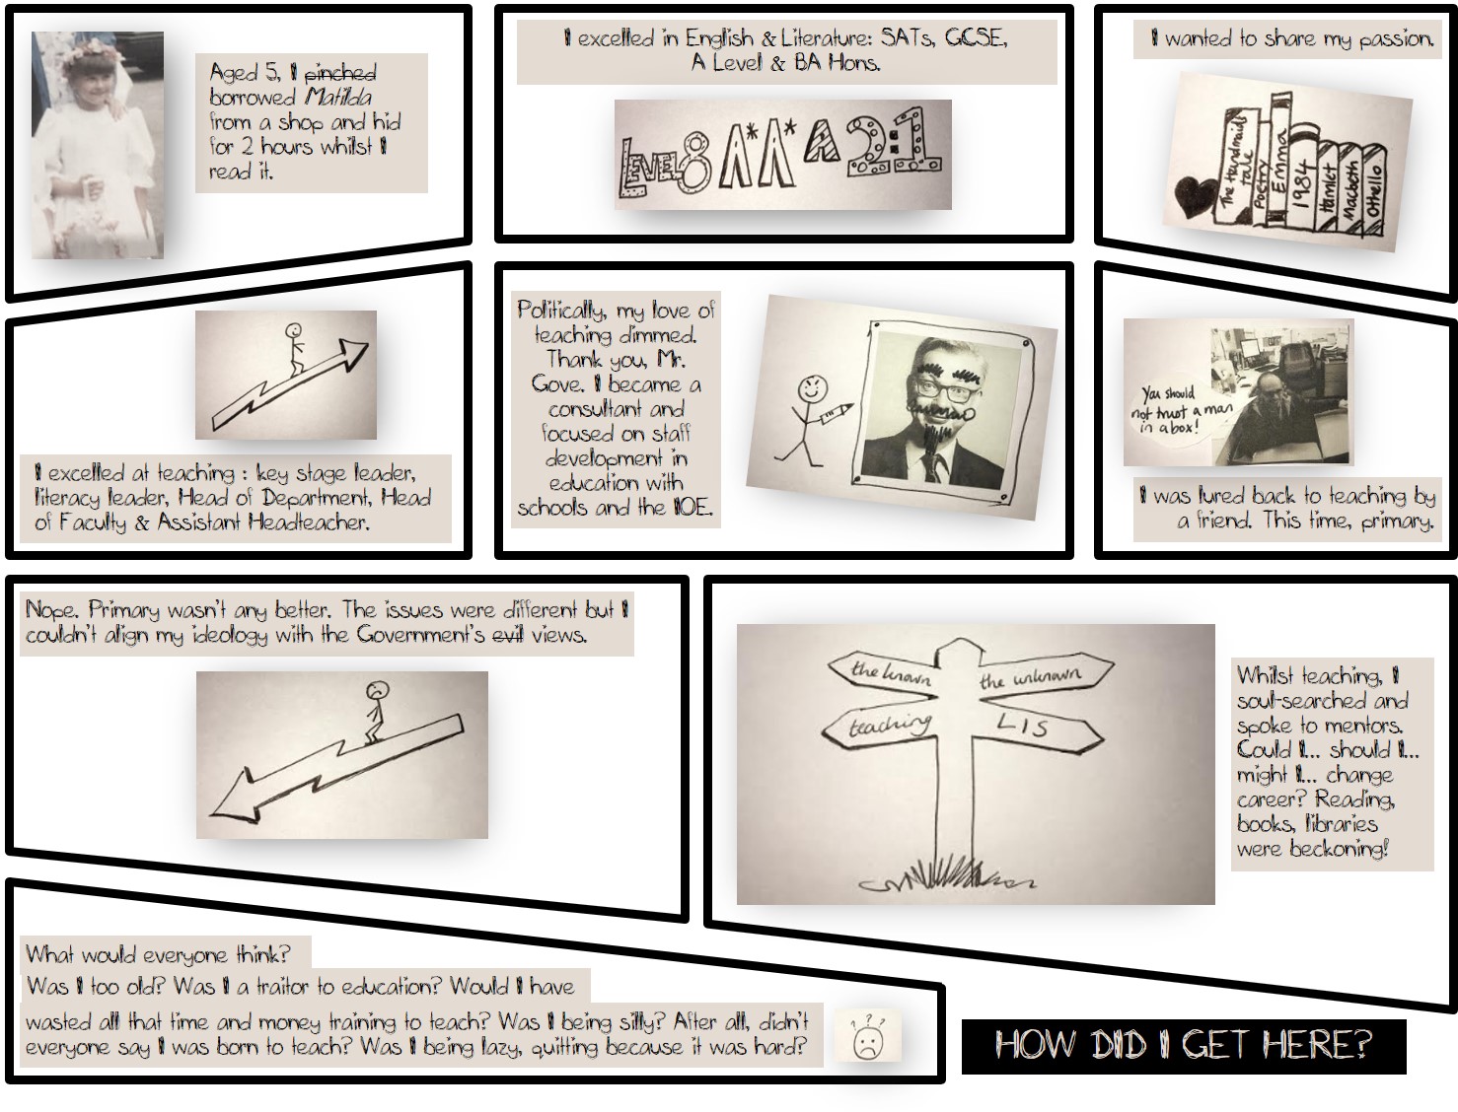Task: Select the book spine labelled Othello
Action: coord(1374,189)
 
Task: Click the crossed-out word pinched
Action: coord(340,72)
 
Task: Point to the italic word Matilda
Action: coord(338,97)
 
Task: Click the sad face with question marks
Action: coord(867,1038)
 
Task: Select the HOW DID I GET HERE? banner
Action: coord(1184,1046)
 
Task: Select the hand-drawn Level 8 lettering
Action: coord(664,166)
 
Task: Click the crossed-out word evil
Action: coord(507,635)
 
